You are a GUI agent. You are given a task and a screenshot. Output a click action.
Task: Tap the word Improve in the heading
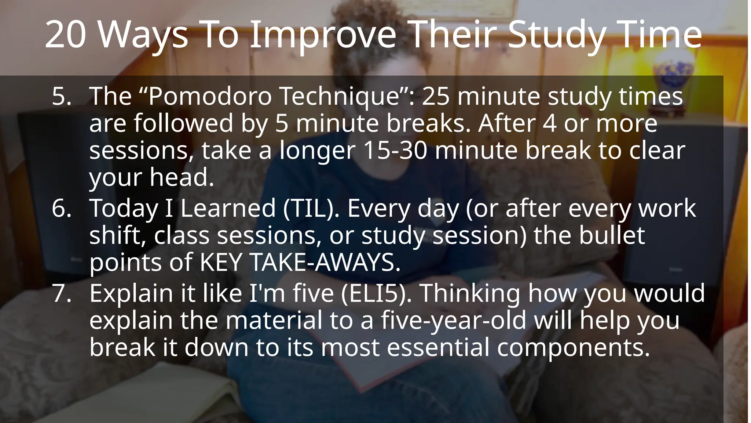click(x=323, y=35)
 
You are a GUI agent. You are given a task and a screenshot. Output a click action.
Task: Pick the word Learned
click(x=227, y=208)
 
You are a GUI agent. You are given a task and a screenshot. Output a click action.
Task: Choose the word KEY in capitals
click(x=220, y=262)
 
